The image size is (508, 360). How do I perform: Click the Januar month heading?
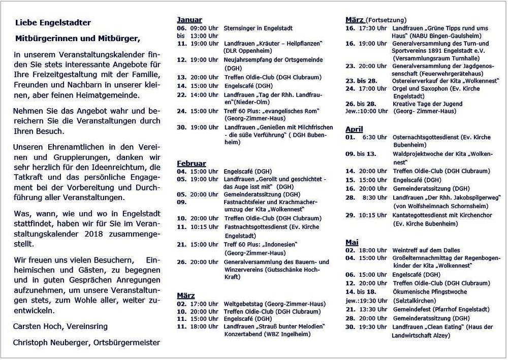(x=189, y=20)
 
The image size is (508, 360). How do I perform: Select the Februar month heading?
(x=191, y=163)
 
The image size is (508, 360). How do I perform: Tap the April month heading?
(x=354, y=129)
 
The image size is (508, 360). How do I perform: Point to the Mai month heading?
(x=352, y=242)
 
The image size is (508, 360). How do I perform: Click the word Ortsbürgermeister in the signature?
(x=126, y=343)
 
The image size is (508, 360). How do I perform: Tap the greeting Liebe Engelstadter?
(x=53, y=22)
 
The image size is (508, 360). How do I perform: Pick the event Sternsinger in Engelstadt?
(x=258, y=28)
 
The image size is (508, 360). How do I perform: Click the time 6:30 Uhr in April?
(x=374, y=137)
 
